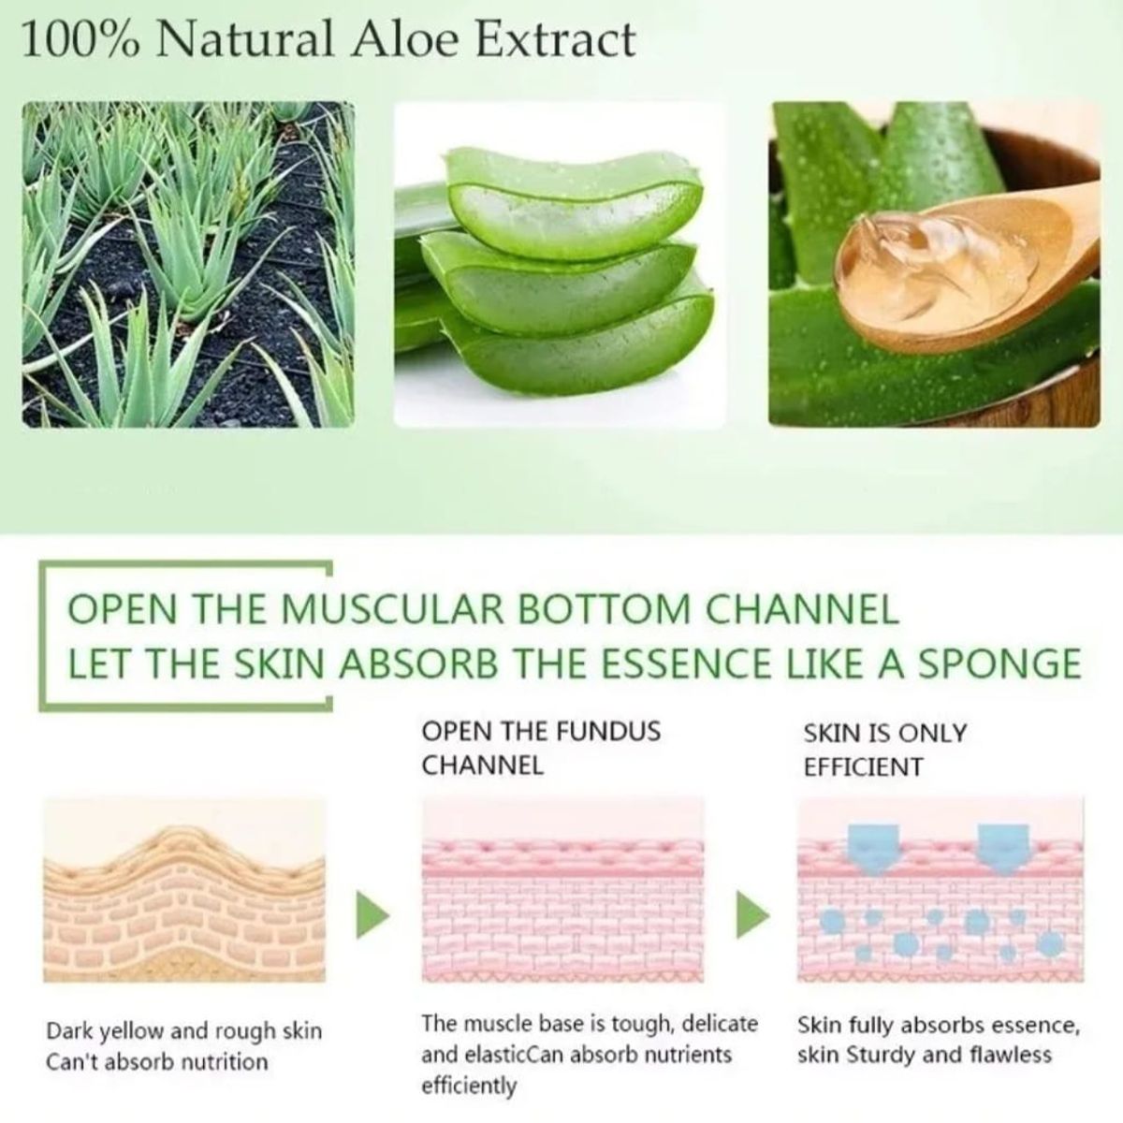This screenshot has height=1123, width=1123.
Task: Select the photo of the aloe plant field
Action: (x=188, y=264)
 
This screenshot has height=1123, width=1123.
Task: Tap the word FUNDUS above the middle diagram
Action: (x=608, y=730)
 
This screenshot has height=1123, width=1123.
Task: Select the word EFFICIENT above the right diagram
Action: (x=863, y=767)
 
